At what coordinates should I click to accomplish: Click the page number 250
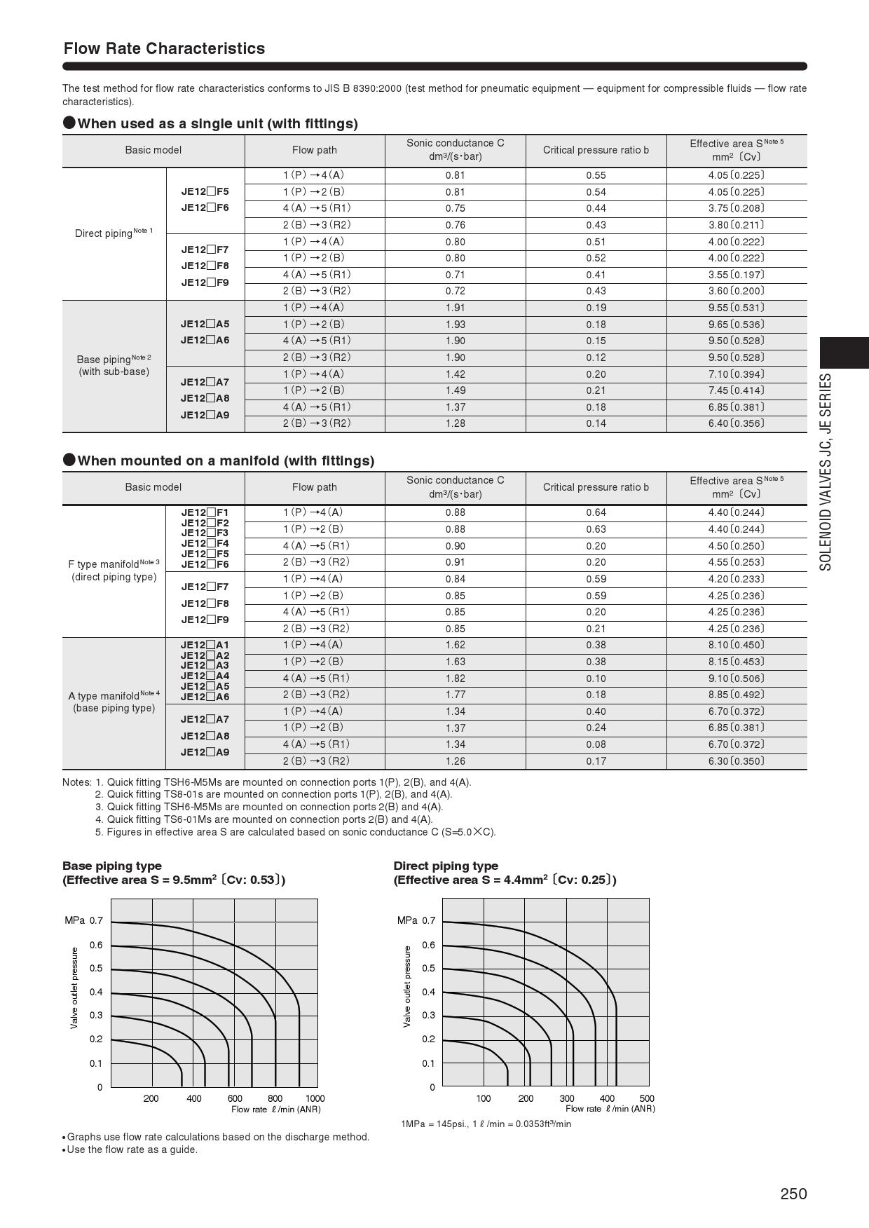[793, 1194]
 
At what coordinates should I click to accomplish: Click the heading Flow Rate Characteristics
[164, 48]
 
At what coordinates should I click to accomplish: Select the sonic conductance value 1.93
[455, 325]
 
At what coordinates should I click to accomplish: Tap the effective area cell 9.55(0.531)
[736, 308]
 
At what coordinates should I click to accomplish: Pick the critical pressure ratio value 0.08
[596, 744]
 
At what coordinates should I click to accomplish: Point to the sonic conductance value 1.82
[455, 678]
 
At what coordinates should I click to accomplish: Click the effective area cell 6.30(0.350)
[736, 761]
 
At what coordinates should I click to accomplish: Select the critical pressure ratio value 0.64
[596, 512]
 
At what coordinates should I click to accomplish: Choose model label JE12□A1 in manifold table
[205, 645]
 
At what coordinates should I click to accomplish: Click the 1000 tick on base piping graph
[315, 1098]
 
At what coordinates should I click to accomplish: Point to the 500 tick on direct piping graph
[647, 1098]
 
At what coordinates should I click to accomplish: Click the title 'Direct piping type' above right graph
[446, 866]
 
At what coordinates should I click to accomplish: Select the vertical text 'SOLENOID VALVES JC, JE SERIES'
[826, 472]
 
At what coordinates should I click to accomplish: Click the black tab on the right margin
[844, 353]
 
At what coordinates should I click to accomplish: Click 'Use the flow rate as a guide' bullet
[132, 1149]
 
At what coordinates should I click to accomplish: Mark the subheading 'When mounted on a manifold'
[226, 460]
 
